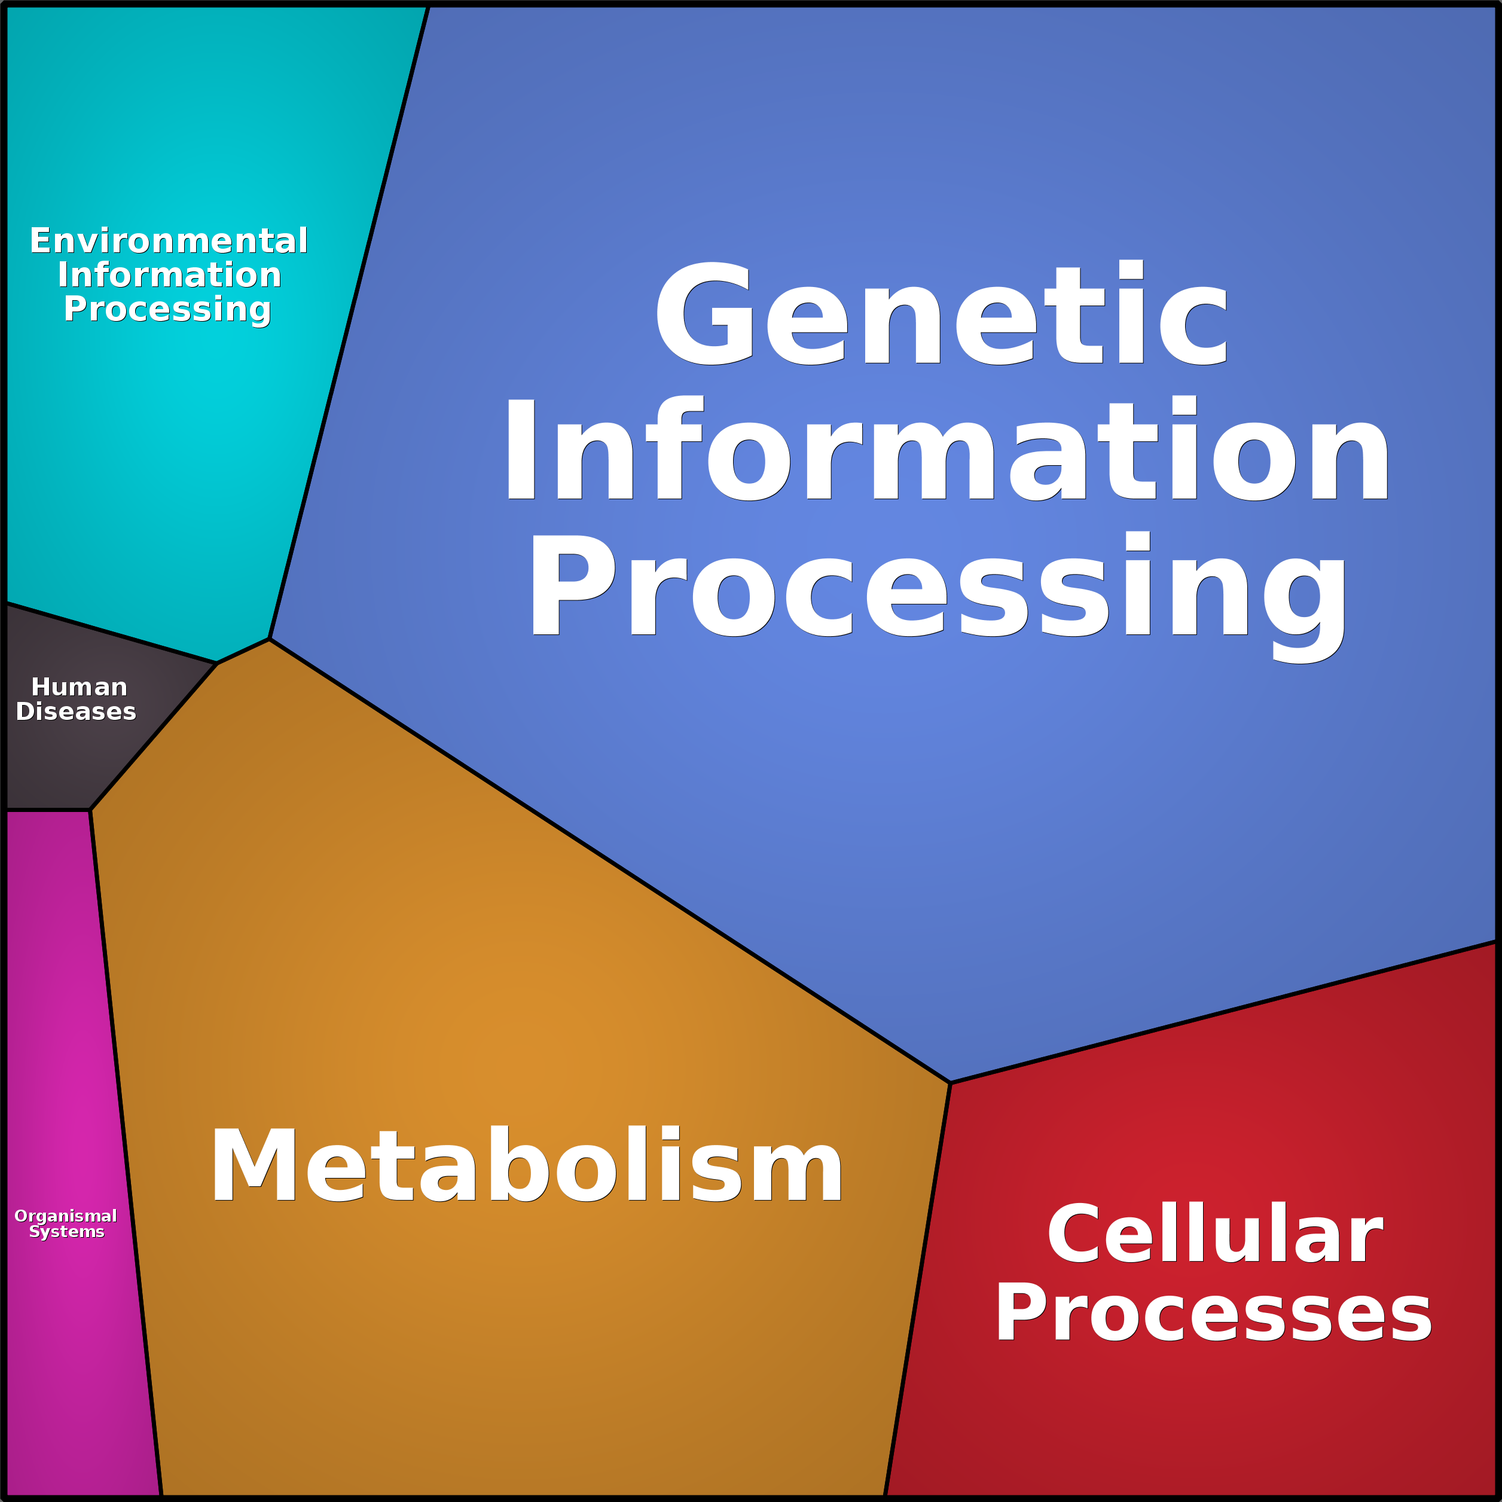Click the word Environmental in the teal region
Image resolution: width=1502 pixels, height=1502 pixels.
point(169,241)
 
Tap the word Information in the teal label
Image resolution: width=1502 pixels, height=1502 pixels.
point(169,275)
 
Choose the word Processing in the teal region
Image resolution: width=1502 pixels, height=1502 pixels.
point(167,309)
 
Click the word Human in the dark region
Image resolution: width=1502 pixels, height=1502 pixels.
point(78,687)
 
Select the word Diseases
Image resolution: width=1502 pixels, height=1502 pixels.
point(75,712)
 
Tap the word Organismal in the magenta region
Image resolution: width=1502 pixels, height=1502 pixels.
point(65,1216)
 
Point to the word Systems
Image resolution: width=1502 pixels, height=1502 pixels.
point(66,1232)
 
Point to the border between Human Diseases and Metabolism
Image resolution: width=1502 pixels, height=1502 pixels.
point(153,737)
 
